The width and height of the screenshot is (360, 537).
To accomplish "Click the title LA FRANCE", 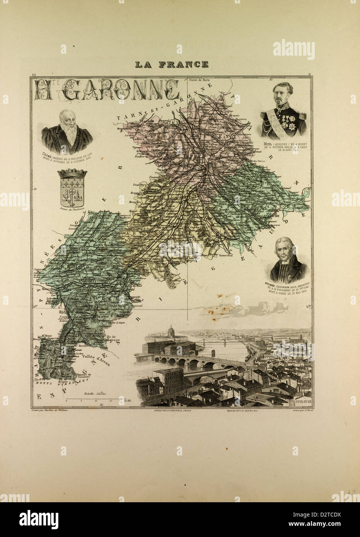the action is click(172, 64).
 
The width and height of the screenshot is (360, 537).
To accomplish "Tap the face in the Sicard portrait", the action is click(287, 253).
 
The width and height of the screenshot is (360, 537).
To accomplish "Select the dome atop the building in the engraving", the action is click(171, 330).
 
